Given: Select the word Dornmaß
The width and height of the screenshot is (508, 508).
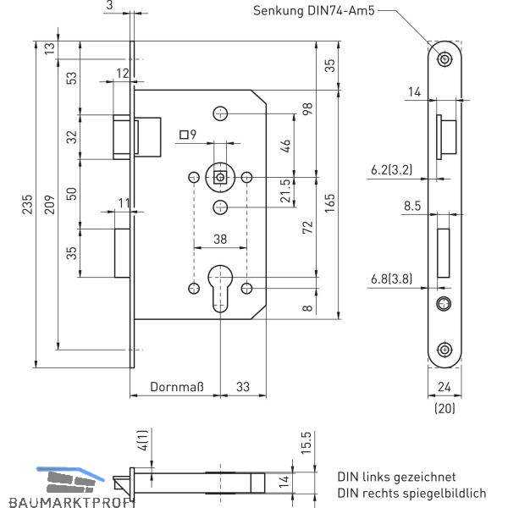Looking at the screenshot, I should pos(177,388).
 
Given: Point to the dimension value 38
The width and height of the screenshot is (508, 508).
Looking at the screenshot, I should pos(220,240).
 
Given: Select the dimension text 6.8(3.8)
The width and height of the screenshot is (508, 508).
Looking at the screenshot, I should pos(390,278).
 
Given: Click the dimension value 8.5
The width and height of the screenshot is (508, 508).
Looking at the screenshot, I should pos(412,205).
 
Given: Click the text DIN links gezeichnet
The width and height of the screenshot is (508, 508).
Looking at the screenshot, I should pos(396,478).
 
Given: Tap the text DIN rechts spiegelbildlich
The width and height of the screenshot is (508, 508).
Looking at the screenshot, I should pos(411,493).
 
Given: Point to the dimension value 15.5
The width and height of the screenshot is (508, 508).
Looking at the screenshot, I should pos(306,442).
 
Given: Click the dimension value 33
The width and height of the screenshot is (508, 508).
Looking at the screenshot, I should pos(244,388).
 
